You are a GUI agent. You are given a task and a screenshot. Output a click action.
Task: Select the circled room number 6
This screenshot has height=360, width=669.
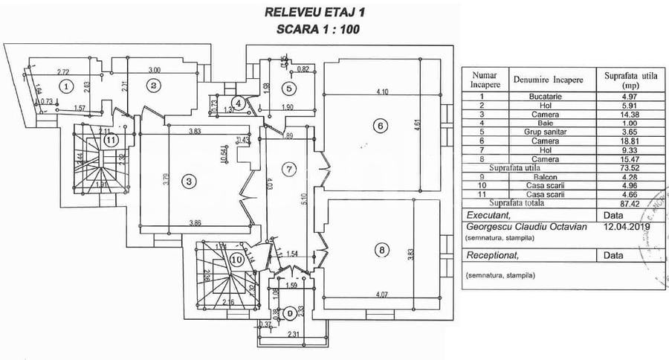coord(379,126)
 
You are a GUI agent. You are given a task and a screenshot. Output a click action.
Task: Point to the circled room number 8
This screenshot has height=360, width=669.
coord(382,250)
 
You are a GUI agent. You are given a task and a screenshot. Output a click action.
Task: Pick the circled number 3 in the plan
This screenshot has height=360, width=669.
coord(190,181)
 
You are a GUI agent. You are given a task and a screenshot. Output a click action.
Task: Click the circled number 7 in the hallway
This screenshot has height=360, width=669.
coord(291,170)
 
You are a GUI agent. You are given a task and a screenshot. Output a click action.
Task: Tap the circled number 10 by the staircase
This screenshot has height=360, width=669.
coord(236,260)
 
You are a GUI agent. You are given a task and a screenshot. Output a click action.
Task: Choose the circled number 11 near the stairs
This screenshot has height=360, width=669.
coord(111,139)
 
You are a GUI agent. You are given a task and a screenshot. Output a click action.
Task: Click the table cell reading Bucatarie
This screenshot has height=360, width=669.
coord(555,98)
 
